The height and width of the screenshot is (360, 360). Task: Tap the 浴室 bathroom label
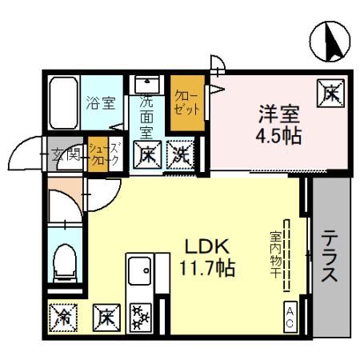[101, 103]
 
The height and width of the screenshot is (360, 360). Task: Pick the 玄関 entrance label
[65, 154]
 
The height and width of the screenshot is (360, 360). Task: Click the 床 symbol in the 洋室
[330, 94]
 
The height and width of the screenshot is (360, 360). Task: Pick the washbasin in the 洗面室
[146, 85]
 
